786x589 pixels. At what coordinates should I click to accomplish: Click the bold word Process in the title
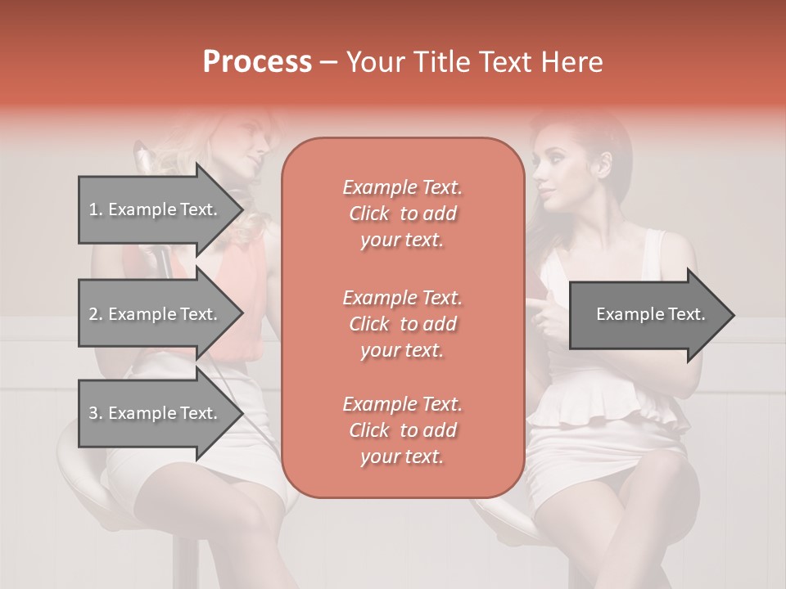[257, 61]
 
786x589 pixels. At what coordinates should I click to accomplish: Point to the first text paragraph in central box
[402, 214]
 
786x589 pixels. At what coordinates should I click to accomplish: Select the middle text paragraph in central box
[402, 323]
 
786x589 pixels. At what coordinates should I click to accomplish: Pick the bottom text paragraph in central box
[402, 429]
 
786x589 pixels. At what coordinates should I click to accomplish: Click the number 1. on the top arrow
[96, 209]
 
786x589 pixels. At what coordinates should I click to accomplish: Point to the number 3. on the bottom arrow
[96, 413]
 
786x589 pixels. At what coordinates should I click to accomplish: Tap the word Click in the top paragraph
[369, 214]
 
